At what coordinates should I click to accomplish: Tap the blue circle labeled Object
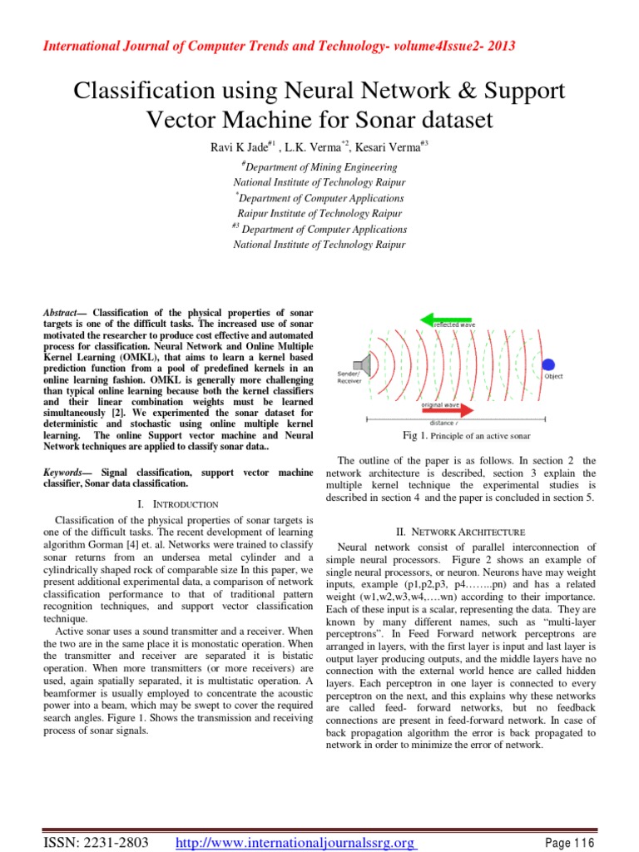(548, 364)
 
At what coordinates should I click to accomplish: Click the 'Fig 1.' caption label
(414, 436)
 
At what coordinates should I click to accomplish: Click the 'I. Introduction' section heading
(176, 504)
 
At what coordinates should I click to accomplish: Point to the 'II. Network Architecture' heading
(471, 531)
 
